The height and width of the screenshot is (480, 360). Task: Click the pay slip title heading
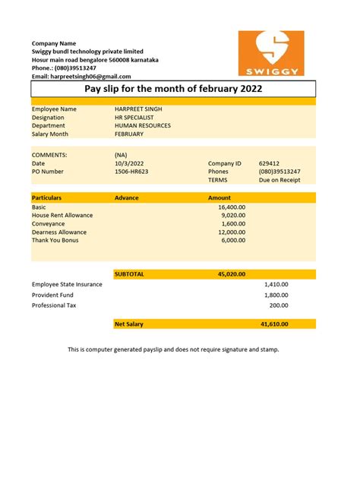[172, 89]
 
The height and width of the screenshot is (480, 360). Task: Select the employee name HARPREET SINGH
[138, 109]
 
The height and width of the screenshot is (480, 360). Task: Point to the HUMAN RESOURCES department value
[143, 126]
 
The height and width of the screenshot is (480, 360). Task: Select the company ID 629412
[269, 163]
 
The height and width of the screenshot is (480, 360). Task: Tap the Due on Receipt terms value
[279, 180]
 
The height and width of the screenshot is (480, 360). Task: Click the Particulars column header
[48, 197]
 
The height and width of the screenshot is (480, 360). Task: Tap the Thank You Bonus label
[55, 240]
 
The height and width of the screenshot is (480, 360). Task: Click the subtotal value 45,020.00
[231, 273]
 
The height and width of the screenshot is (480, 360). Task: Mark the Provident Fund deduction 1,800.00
[276, 295]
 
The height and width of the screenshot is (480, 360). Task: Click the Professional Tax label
[54, 305]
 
